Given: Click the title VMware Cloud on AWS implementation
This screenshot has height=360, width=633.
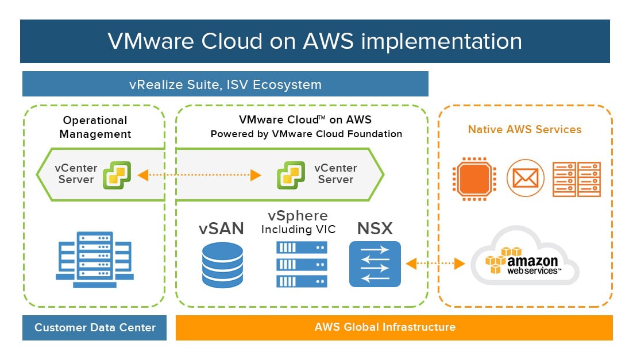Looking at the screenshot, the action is point(315,41).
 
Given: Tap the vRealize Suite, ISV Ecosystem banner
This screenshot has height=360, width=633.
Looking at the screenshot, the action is point(225,84).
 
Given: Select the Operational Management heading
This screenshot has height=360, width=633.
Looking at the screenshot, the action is point(95,127).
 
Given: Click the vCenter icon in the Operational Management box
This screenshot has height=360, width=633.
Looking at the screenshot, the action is point(117,175).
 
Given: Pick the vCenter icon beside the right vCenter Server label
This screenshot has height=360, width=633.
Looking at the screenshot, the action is point(291,175).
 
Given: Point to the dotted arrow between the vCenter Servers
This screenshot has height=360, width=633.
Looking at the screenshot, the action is point(199,175).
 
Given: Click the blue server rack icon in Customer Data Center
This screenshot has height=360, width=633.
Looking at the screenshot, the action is point(94,260).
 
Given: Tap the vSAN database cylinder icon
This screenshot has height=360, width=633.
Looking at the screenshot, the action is point(222,265).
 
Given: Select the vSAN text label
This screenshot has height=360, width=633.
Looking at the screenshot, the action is point(221,229).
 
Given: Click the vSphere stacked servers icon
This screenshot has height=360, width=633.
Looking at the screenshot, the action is point(302,264).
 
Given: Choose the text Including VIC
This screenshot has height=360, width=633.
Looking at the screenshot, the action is point(298,229).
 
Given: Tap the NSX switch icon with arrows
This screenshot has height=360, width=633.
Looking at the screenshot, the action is point(375,264).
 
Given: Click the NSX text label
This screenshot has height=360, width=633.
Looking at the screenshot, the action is point(375,229).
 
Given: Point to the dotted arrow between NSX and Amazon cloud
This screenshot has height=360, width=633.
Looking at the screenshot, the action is point(435,264).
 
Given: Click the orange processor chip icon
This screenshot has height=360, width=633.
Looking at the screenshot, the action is point(474,179).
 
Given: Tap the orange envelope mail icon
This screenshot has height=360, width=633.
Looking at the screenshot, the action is point(525,178).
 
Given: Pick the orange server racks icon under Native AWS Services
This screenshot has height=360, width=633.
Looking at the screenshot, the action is point(577,179).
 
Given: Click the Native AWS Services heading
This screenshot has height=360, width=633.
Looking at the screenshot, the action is point(524,129).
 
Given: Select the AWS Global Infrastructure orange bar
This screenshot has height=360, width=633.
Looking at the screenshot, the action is point(394,327).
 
